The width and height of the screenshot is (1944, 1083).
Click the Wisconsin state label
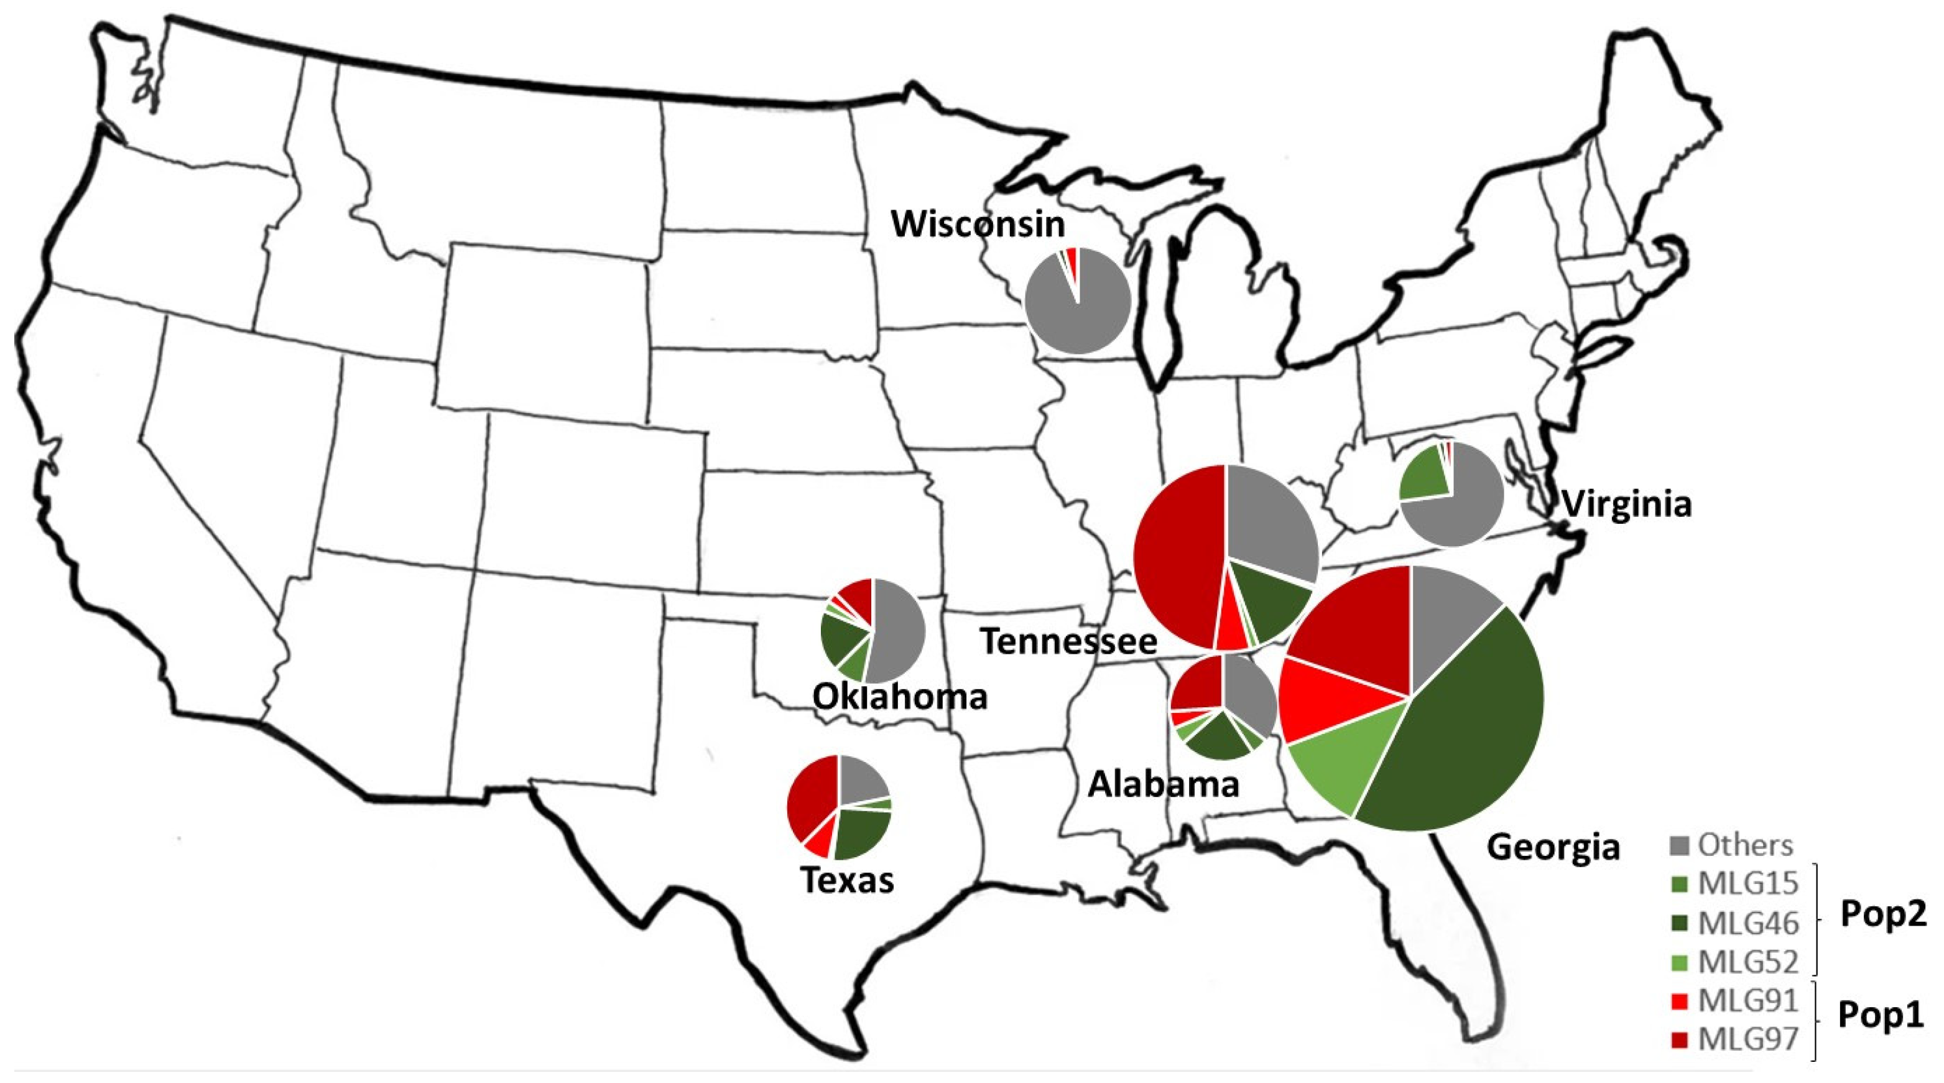click(978, 224)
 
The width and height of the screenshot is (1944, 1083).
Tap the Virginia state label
click(1626, 504)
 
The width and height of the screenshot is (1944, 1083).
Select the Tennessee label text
click(1068, 641)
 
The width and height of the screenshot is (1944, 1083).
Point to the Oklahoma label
click(900, 697)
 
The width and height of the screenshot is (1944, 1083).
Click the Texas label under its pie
click(847, 880)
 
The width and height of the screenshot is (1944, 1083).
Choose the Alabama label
click(1163, 785)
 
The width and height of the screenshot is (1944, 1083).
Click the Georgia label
click(1553, 847)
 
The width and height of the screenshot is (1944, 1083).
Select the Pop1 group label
click(1881, 1015)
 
